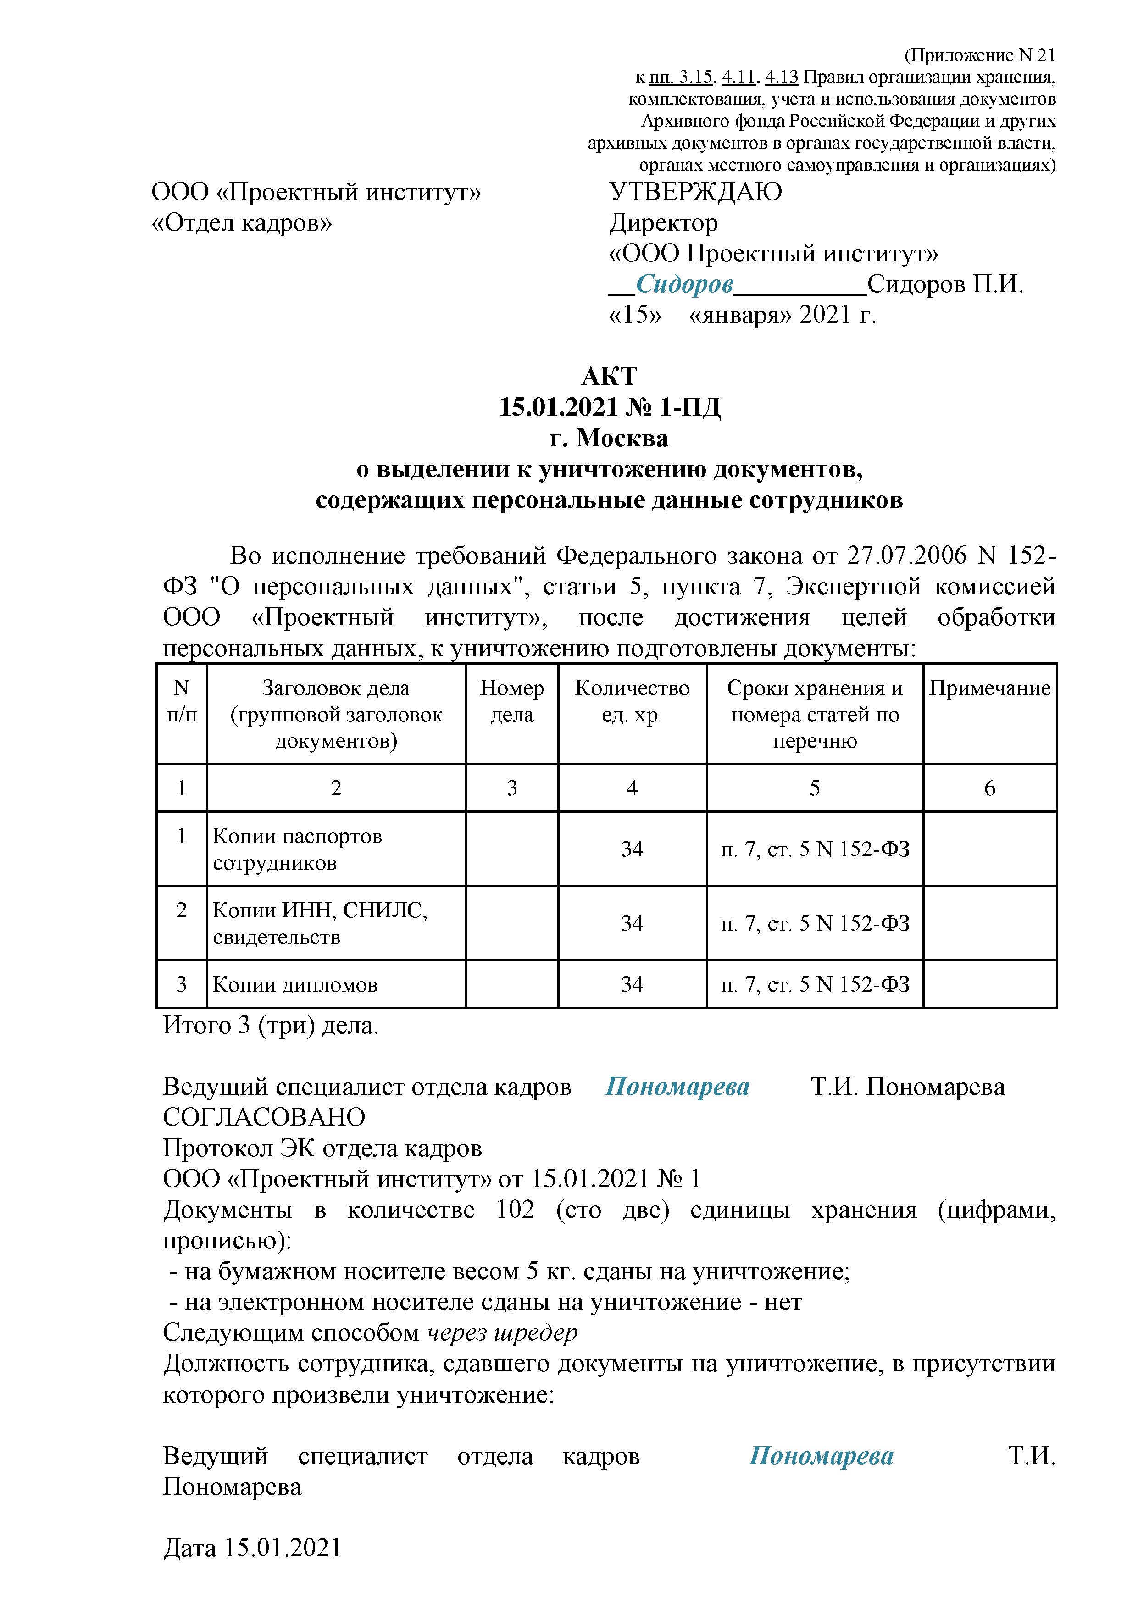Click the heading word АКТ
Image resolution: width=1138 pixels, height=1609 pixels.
(x=609, y=376)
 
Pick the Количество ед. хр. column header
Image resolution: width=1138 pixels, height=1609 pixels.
(x=632, y=701)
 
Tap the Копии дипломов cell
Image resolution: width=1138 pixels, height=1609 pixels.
(x=295, y=985)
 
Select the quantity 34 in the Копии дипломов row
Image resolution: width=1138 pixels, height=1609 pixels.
(x=632, y=985)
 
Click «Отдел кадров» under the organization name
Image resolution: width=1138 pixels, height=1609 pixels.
(x=242, y=223)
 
